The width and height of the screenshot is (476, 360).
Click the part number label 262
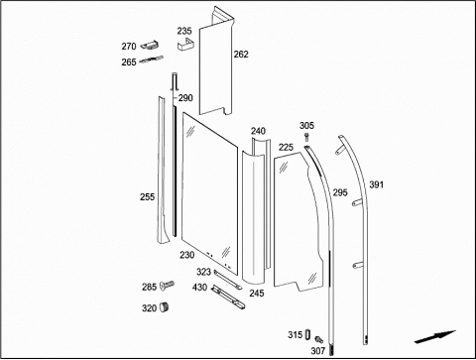tap(241, 55)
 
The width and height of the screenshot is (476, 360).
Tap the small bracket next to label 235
tap(185, 45)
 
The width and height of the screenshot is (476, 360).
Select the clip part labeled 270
tap(150, 46)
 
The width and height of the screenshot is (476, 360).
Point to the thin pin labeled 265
tap(151, 60)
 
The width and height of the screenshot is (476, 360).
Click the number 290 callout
tap(185, 98)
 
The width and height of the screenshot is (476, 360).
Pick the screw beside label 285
tap(167, 285)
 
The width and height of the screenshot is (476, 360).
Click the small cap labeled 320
tap(164, 307)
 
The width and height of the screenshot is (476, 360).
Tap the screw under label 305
tap(306, 137)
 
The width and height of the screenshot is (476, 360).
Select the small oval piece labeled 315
tap(307, 334)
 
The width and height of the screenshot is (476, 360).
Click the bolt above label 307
tap(318, 339)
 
